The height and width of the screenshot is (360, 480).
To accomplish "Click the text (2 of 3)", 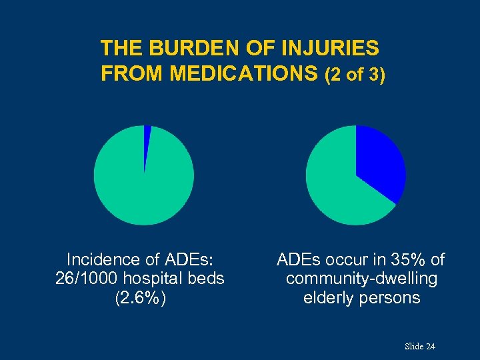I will click(355, 75).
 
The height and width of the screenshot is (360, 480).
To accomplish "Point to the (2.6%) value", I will click(140, 297).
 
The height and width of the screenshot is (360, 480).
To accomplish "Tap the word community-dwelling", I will click(361, 278).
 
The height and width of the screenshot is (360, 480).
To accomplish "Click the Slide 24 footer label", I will click(419, 346).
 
